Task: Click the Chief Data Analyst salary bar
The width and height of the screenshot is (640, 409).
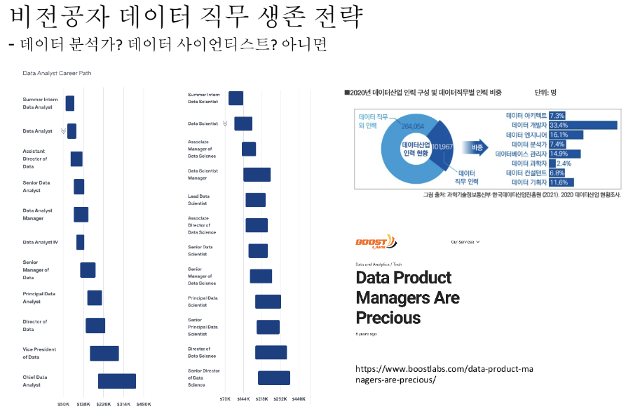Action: point(116,381)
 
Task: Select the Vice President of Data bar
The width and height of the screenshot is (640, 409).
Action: point(104,353)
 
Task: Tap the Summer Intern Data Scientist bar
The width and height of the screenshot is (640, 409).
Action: point(236,98)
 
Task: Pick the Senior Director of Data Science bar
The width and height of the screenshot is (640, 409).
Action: point(273,377)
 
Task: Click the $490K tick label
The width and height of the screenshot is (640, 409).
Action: point(143,404)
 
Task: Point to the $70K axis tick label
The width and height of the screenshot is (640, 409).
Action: point(225,398)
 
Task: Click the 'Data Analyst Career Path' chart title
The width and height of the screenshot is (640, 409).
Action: point(57,73)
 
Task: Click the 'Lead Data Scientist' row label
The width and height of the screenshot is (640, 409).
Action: point(198,200)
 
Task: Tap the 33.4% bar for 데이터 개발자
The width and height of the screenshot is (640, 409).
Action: point(583,125)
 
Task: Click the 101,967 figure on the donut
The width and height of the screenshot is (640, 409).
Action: point(442,147)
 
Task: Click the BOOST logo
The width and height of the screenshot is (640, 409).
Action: point(376,241)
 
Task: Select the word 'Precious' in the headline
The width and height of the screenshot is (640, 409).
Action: point(388,318)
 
